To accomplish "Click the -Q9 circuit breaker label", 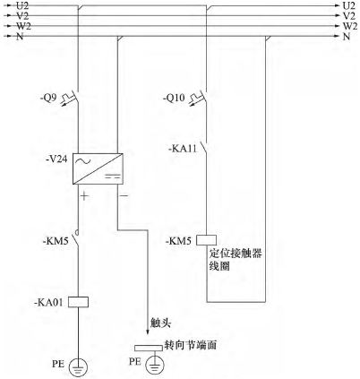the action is [x=48, y=98].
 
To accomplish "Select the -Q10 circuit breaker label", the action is [x=174, y=98].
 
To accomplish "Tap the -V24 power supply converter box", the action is [x=98, y=168].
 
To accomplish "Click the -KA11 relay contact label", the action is [x=183, y=149].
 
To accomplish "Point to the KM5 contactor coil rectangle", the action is [x=206, y=240].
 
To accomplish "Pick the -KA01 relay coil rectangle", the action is [x=78, y=302].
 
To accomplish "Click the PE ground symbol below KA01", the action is [x=79, y=367].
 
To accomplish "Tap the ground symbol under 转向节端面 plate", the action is [x=155, y=365].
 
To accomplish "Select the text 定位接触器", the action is [x=236, y=254].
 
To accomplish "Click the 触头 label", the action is [x=160, y=323].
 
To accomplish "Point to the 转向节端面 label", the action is [x=191, y=345].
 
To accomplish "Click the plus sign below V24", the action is [x=85, y=196].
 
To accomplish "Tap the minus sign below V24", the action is [x=124, y=196].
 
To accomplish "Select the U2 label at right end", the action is [x=349, y=5].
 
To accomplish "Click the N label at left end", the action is [x=20, y=37].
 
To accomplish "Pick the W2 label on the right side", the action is [x=349, y=26].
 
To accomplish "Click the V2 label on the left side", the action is [x=22, y=16].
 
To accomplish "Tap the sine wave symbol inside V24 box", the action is [x=82, y=161].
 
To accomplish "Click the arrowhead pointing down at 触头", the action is [x=147, y=332].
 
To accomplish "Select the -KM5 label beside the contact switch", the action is [x=56, y=241].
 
